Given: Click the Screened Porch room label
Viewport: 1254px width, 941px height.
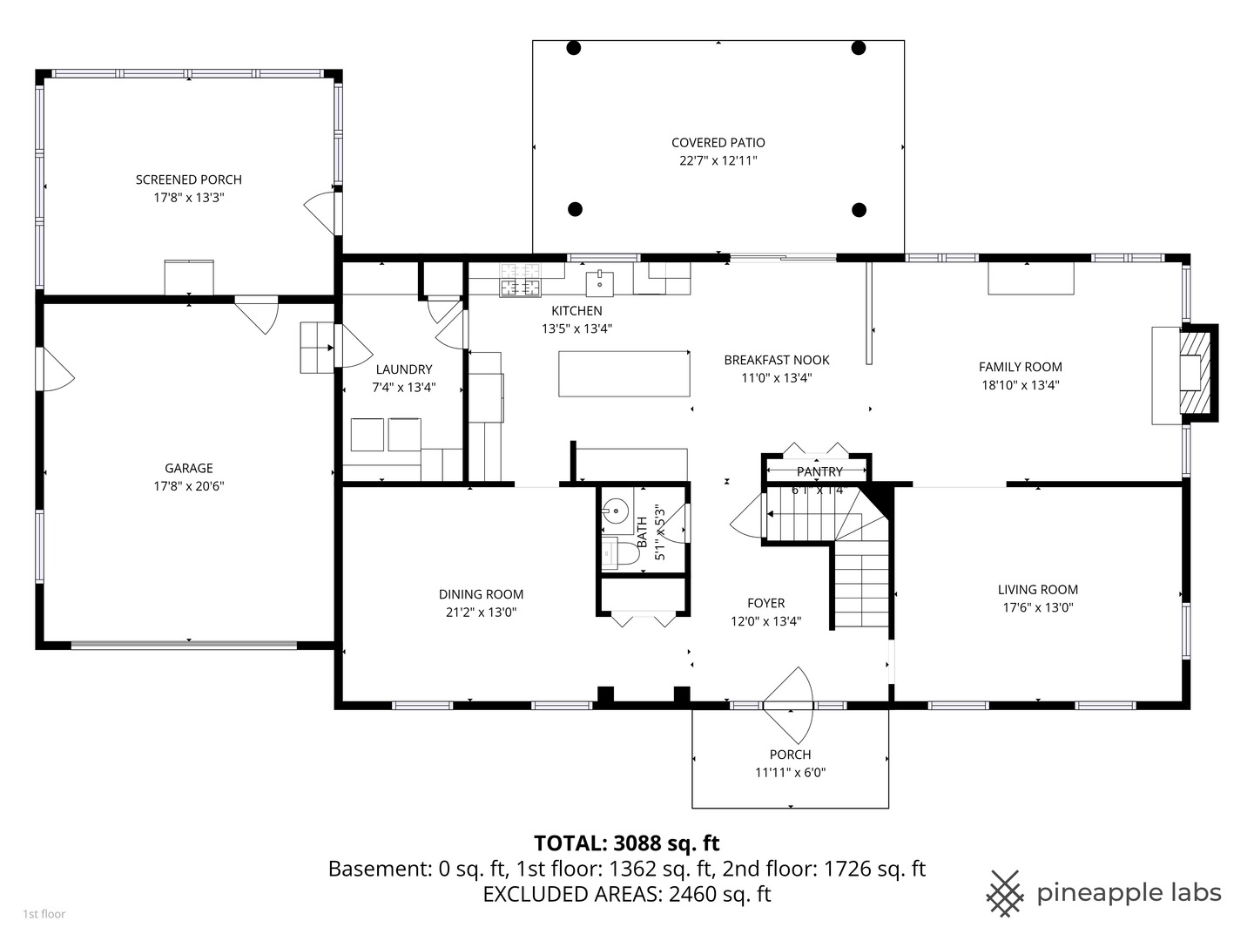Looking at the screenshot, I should [x=188, y=179].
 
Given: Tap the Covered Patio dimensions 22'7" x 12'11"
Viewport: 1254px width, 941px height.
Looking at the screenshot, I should [x=718, y=161].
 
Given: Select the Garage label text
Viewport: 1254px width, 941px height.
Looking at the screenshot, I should [x=189, y=468].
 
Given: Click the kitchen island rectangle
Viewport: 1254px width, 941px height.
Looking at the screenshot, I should [x=624, y=373].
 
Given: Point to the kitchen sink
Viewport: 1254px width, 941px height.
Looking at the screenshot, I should [x=599, y=283].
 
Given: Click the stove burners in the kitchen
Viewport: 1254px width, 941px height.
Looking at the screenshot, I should [x=519, y=279].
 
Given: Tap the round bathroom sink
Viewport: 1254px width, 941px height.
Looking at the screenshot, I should [x=617, y=509].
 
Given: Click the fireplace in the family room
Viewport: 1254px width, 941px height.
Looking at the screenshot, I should [x=1196, y=372].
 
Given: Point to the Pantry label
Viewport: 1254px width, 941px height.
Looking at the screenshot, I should [x=819, y=471].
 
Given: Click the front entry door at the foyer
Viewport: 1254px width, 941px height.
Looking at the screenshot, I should [x=789, y=697].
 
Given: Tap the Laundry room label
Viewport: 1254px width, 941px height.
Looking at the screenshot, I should [x=403, y=369].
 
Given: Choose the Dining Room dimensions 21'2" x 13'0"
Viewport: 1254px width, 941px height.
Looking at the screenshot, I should [x=481, y=613].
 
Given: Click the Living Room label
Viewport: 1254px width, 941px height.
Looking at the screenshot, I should [x=1037, y=589].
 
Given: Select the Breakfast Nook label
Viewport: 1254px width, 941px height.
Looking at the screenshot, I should [x=776, y=360].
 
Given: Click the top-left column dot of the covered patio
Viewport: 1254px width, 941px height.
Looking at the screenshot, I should [x=573, y=48].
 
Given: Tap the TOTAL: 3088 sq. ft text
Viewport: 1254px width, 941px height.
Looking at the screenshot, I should [x=626, y=843].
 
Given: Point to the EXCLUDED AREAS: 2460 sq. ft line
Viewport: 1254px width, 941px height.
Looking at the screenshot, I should [x=626, y=894].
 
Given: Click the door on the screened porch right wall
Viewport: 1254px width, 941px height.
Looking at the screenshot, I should [x=322, y=211].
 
